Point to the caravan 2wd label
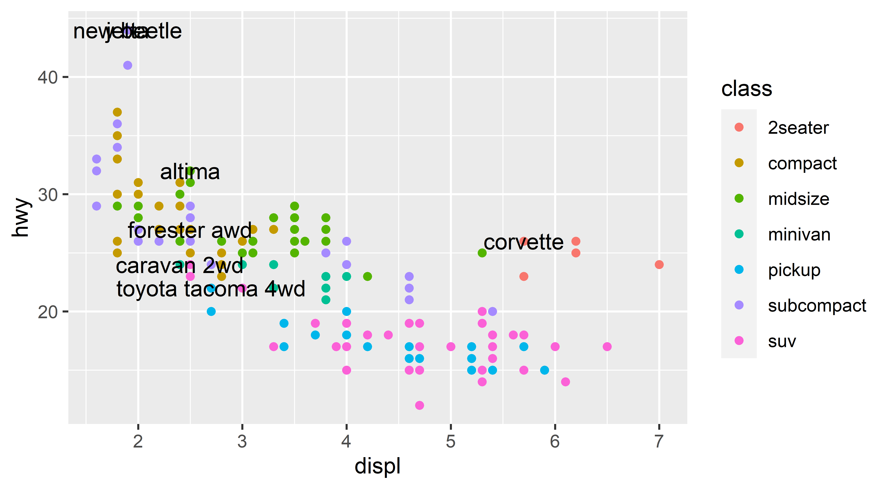(179, 266)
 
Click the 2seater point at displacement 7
(659, 265)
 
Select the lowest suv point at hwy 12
(419, 405)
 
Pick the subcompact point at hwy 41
(128, 65)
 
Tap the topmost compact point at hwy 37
(117, 112)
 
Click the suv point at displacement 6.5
(607, 347)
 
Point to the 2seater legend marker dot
(739, 127)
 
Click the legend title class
(746, 89)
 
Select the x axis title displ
(378, 467)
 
